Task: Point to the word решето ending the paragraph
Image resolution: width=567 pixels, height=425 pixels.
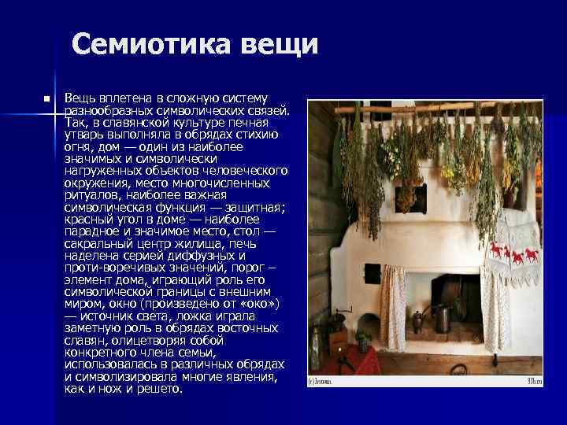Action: tap(160, 389)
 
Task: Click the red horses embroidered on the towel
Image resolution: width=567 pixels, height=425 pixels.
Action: tap(513, 255)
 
